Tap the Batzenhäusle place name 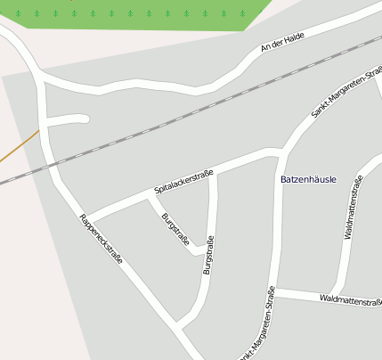coord(308,179)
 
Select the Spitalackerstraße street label coord(183,181)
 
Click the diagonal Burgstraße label coord(175,228)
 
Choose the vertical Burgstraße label coord(208,255)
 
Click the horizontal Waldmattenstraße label coord(350,301)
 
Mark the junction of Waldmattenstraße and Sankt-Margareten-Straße coord(274,291)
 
